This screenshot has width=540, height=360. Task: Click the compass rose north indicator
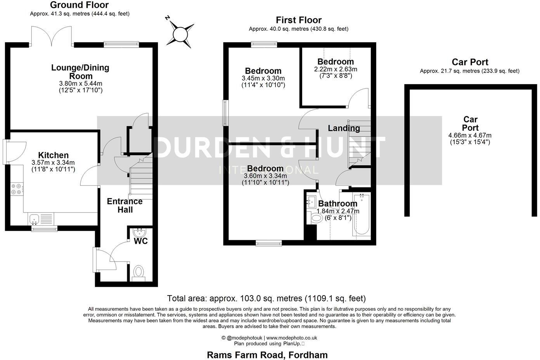[x=180, y=34]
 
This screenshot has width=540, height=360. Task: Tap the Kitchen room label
[x=53, y=155]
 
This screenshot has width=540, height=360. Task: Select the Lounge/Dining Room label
[x=80, y=72]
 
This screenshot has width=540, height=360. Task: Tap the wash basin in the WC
[x=138, y=233]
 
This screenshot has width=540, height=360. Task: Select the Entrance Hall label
[x=125, y=206]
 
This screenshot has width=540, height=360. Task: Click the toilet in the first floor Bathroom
[x=316, y=218]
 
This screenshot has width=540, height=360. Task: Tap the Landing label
[x=344, y=128]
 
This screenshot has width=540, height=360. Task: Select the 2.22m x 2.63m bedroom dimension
[x=336, y=69]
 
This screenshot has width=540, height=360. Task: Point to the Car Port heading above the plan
[x=470, y=62]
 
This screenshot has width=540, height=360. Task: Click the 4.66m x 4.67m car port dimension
[x=470, y=135]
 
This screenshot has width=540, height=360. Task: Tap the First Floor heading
[x=298, y=20]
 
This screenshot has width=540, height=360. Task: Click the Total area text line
[x=266, y=298]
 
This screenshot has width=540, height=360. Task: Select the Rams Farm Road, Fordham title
[x=267, y=355]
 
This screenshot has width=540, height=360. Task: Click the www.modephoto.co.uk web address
[x=292, y=338]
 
